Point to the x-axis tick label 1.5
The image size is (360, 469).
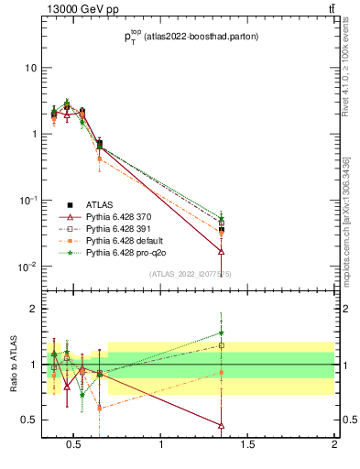point(248,446)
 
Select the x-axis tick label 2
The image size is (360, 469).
point(334,446)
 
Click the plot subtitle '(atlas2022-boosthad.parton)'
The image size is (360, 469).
point(193,37)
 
